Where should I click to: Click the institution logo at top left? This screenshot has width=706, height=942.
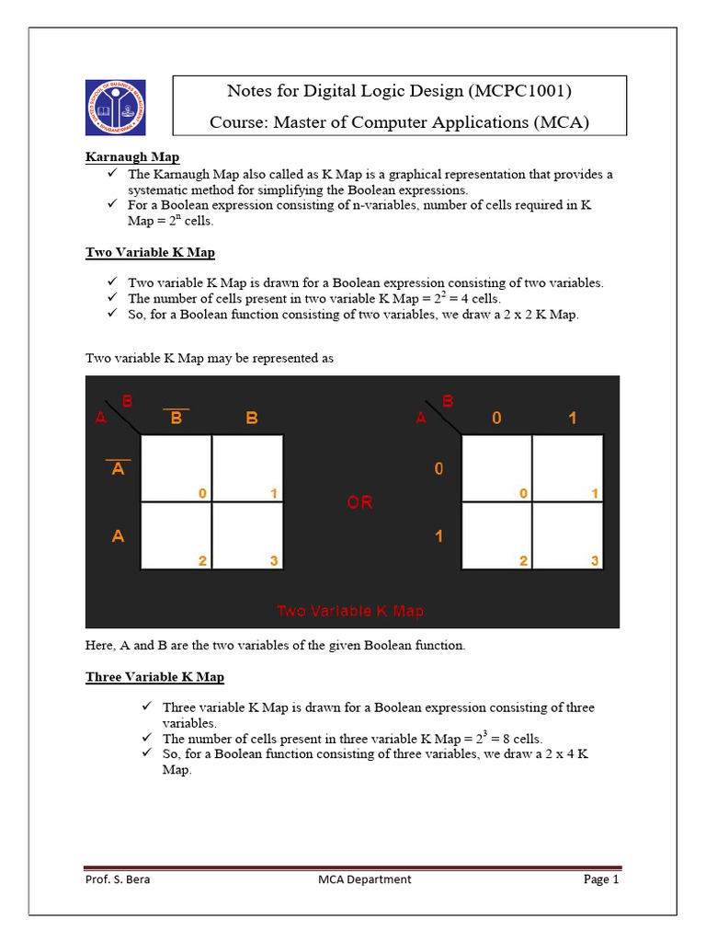pos(118,109)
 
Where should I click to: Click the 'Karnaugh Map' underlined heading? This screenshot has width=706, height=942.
pos(132,157)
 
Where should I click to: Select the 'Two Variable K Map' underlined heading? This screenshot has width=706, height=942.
pos(151,252)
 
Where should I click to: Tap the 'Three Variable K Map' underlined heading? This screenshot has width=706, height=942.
pos(154,677)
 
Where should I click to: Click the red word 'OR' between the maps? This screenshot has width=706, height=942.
pos(359,502)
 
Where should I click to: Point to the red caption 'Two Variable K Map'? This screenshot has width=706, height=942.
pos(350,611)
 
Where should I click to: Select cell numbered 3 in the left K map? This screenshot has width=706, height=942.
pos(247,536)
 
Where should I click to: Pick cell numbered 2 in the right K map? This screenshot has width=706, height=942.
pos(496,536)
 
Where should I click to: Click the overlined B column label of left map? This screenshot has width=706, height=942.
pos(176,418)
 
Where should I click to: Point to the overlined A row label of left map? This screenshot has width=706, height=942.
pos(118,469)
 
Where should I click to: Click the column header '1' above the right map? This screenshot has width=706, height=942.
pos(572,418)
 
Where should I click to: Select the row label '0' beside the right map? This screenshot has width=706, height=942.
pos(438,469)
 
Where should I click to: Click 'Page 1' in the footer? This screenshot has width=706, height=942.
pos(601,879)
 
